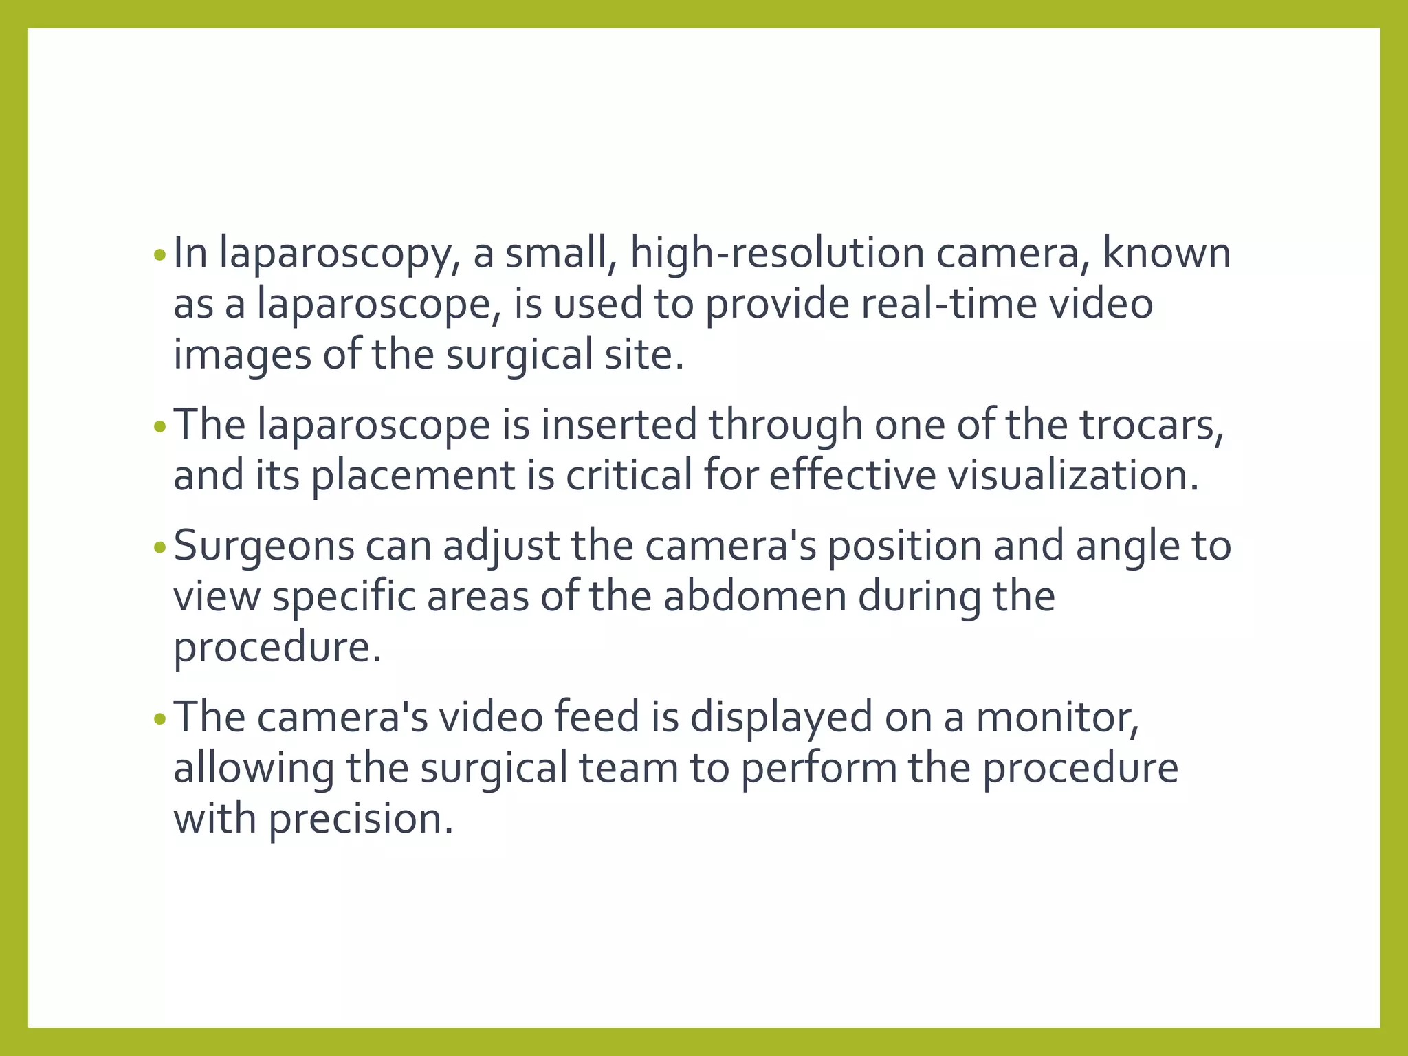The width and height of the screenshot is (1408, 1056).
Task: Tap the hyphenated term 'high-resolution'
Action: [x=777, y=254]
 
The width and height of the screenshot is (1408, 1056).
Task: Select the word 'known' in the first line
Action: [x=1167, y=253]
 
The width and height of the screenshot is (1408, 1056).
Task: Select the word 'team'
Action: [x=628, y=769]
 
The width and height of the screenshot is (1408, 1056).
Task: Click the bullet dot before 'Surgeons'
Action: [x=160, y=548]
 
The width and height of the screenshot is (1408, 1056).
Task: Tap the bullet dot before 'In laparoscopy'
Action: [x=160, y=256]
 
